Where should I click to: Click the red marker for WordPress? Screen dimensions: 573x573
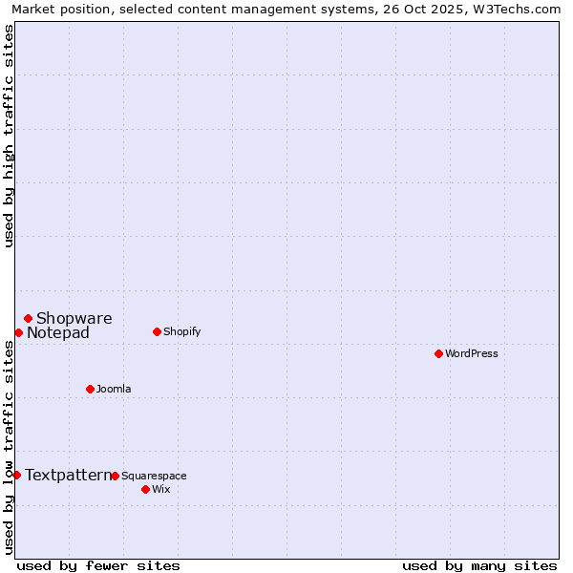[438, 353]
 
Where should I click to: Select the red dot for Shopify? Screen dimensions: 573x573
[157, 331]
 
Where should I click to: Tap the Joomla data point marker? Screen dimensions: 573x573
[90, 389]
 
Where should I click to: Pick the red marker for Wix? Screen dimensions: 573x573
[145, 489]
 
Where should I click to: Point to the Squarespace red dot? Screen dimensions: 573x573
[115, 476]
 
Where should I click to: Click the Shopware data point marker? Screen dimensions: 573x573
[28, 318]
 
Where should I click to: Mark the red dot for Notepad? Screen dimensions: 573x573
[18, 332]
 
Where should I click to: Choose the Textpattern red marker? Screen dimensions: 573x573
[16, 475]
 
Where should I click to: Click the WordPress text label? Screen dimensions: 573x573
[472, 353]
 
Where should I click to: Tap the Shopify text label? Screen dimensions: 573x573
[181, 331]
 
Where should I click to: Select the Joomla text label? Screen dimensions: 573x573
[114, 389]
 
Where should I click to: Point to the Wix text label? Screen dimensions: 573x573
[161, 489]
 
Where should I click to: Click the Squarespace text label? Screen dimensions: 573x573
[154, 476]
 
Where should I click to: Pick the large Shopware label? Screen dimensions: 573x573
[74, 318]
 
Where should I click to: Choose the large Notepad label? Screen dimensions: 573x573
[58, 332]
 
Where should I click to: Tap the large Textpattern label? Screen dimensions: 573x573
[68, 475]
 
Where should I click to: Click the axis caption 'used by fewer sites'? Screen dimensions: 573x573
[98, 565]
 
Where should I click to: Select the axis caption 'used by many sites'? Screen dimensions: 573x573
[479, 565]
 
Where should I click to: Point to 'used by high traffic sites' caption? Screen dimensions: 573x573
[9, 136]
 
